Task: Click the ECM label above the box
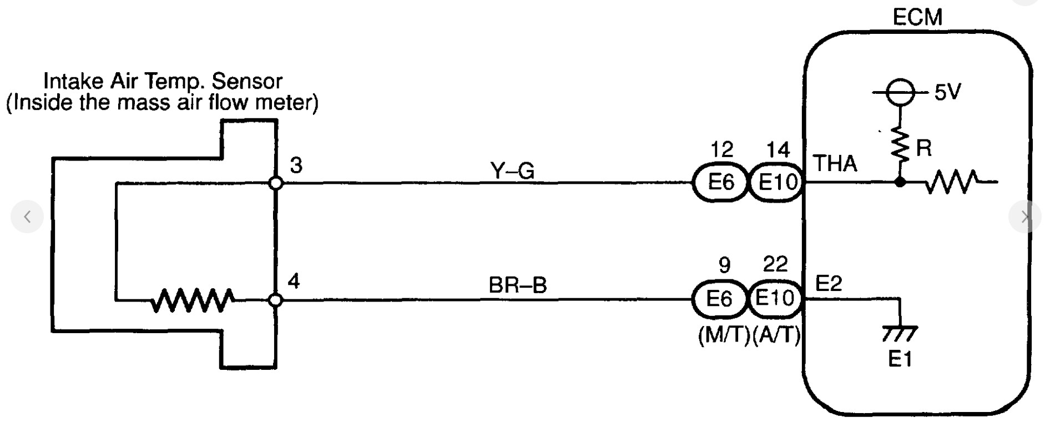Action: tap(917, 17)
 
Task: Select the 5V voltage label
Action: tap(947, 92)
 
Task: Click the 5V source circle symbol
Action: tap(900, 92)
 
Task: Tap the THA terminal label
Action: tap(835, 164)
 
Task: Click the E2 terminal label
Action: tap(829, 284)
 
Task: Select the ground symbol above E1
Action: tap(899, 334)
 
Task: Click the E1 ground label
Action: tap(900, 360)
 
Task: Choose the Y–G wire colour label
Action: tap(513, 171)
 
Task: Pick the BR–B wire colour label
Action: tap(517, 285)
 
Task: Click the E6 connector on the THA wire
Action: tap(721, 182)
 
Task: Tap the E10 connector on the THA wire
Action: tap(777, 182)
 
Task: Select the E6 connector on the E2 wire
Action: tap(720, 299)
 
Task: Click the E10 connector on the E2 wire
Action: tap(775, 299)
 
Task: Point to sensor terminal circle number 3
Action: tap(276, 183)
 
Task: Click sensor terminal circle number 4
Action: tap(276, 300)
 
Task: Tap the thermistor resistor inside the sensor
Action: tap(192, 300)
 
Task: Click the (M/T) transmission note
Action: tap(724, 335)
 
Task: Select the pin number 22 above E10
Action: tap(775, 264)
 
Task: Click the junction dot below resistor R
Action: tap(900, 182)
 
